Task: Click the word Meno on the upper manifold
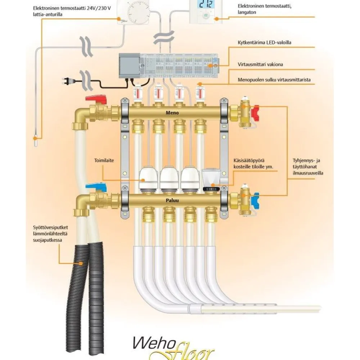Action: click(172, 113)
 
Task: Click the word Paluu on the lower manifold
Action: click(172, 200)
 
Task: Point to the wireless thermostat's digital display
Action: click(206, 4)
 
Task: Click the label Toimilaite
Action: click(104, 160)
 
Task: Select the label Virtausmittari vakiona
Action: click(260, 64)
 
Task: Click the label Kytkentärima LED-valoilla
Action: click(264, 42)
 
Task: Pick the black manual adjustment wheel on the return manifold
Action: click(211, 189)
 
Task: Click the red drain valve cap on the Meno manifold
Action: click(255, 113)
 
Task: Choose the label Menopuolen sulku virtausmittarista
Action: click(274, 80)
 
